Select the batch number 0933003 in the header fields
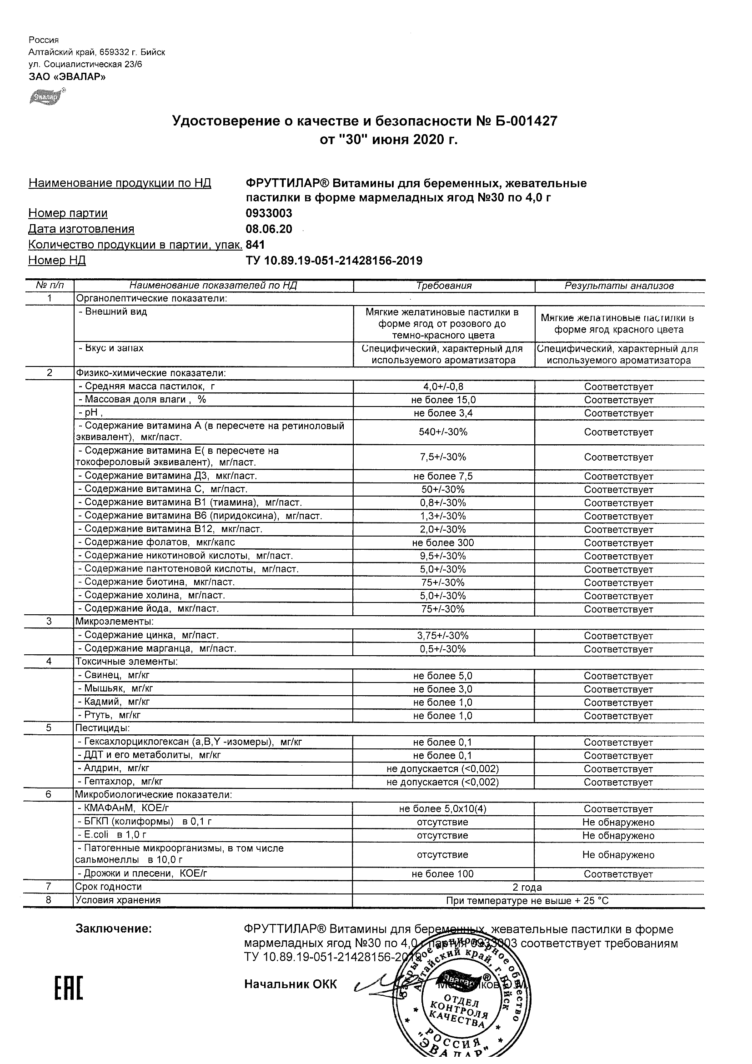[269, 213]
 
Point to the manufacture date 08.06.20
[269, 229]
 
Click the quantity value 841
[256, 245]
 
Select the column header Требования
[443, 286]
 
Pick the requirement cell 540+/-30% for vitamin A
[443, 432]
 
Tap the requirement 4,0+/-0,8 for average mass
[443, 386]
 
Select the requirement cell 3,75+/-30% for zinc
[443, 636]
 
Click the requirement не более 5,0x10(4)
[443, 808]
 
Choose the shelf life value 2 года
[527, 888]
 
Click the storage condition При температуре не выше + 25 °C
[527, 901]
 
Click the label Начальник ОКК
[291, 984]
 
